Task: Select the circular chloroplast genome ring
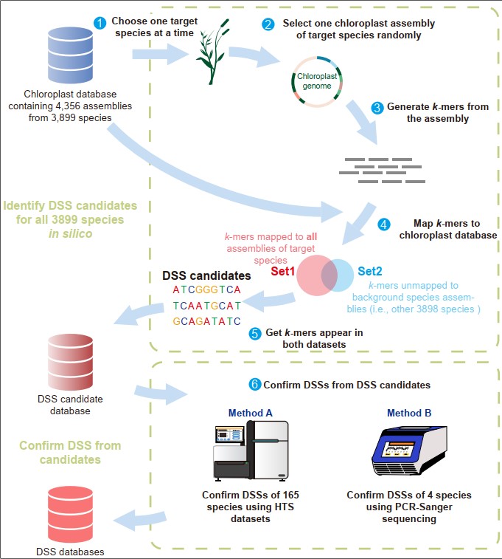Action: pos(316,81)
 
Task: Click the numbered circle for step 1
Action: pos(100,23)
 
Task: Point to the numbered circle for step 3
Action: pos(377,108)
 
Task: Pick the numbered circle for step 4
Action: pos(383,224)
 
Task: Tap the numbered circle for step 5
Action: pos(255,333)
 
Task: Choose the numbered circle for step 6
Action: pos(255,385)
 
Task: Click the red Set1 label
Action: pos(282,271)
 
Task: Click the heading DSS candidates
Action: pos(206,275)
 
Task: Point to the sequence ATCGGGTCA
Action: pos(207,289)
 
